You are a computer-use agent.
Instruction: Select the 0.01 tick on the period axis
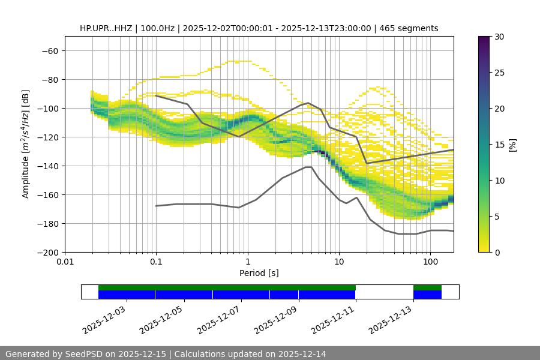(65, 262)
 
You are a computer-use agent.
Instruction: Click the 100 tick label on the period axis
(430, 262)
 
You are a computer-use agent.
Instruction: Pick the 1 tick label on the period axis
(247, 262)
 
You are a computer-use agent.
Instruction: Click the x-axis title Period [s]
(259, 273)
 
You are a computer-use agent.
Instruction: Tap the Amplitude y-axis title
(26, 144)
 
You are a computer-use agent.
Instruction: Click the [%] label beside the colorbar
(512, 145)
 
